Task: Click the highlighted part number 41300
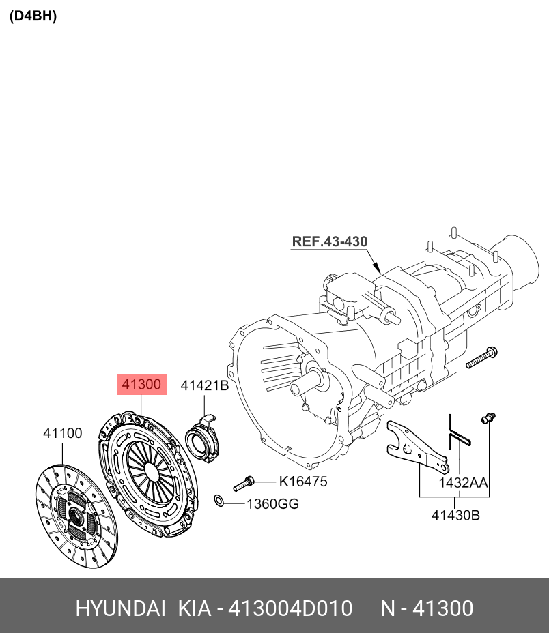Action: click(x=141, y=385)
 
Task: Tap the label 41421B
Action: click(x=204, y=386)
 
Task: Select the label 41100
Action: click(x=63, y=433)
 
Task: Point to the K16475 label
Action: click(x=302, y=482)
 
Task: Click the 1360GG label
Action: click(x=272, y=504)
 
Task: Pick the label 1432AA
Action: click(x=463, y=483)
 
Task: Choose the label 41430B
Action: click(x=455, y=516)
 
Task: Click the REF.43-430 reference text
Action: click(x=330, y=241)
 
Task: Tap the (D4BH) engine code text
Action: click(x=33, y=16)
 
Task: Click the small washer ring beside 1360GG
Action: click(x=219, y=502)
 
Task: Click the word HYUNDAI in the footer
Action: click(x=120, y=608)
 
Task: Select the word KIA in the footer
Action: click(x=195, y=608)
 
